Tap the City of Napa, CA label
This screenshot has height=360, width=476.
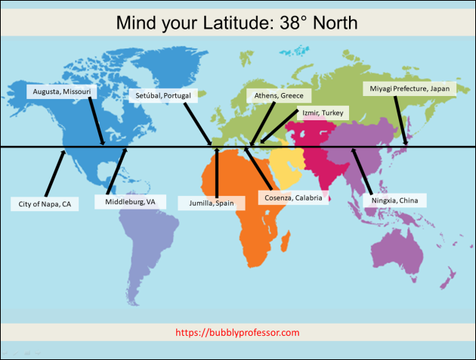point(45,204)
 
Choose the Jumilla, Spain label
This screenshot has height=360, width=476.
point(212,203)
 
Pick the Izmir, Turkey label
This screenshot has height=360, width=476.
point(323,113)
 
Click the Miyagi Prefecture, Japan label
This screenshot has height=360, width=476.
point(410,88)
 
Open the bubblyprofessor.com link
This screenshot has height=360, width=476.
point(237,332)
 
